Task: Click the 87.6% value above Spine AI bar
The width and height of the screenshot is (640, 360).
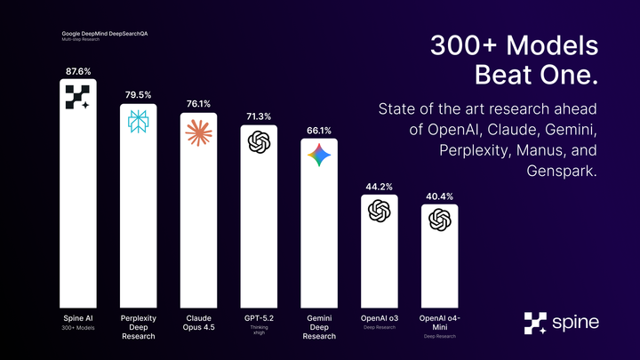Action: click(78, 69)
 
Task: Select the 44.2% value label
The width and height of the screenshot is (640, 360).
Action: click(379, 187)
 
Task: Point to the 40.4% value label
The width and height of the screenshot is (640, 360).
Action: click(438, 196)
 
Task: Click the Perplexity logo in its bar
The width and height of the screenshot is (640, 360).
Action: click(138, 123)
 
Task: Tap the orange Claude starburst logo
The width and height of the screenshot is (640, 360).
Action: click(198, 133)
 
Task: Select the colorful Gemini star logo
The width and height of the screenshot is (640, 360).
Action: click(318, 156)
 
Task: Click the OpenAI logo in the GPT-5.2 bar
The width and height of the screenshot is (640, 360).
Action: click(259, 142)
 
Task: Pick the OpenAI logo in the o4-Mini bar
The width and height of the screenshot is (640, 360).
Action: click(438, 220)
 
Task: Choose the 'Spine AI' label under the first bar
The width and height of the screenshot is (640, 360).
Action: click(78, 316)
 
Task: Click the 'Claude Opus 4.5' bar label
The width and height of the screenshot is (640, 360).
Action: click(198, 321)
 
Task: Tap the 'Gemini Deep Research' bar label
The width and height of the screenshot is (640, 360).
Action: click(318, 326)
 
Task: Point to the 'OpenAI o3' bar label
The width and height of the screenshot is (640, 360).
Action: click(379, 316)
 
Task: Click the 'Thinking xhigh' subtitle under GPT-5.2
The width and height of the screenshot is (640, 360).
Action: click(259, 330)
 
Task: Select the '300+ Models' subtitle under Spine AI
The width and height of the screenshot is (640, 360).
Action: click(78, 327)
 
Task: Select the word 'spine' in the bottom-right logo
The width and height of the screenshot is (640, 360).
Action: click(576, 322)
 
